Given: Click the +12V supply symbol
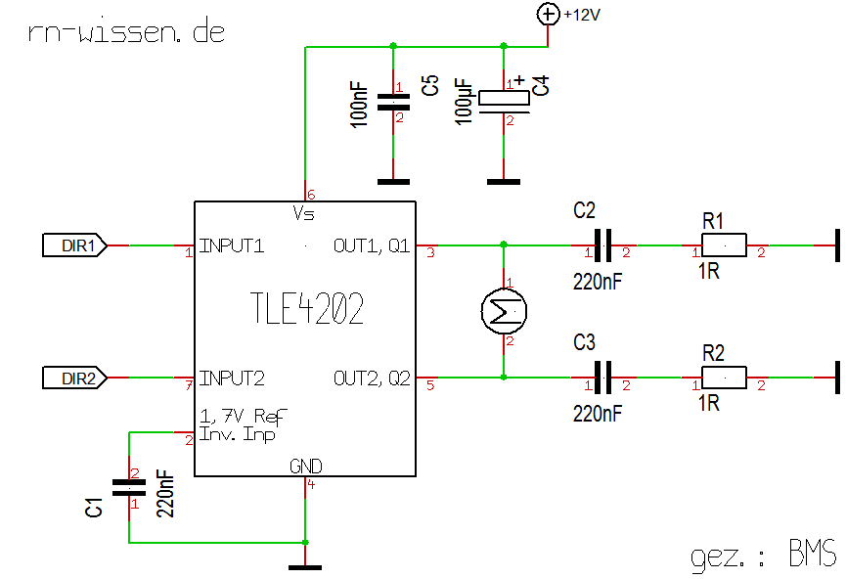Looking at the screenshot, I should click(547, 14).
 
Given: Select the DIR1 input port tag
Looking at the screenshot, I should click(73, 245).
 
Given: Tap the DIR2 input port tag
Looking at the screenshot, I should click(73, 378).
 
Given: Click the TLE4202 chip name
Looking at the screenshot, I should click(307, 310).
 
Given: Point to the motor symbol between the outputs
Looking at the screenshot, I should click(504, 312).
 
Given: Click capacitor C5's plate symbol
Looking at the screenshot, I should click(393, 102).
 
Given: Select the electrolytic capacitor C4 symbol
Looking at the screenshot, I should click(504, 98).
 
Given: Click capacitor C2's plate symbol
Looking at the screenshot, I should click(603, 245).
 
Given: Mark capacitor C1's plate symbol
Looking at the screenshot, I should click(129, 487).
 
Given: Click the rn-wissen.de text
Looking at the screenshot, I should click(127, 31).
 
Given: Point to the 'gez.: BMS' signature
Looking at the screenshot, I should click(763, 556).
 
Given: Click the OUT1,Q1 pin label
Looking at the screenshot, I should click(372, 245).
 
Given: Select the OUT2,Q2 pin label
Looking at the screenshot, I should click(372, 378).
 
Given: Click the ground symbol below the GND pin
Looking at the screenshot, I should click(306, 565).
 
